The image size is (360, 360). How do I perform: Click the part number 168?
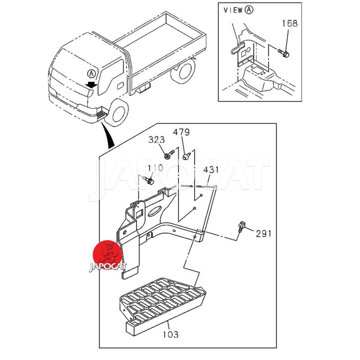click(289, 23)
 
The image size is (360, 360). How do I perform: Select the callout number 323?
click(157, 140)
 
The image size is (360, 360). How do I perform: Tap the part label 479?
click(182, 132)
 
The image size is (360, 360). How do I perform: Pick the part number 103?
click(171, 334)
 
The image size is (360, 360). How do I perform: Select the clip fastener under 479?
click(187, 156)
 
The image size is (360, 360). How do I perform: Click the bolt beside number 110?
click(148, 180)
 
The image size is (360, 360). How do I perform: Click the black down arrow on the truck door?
click(91, 84)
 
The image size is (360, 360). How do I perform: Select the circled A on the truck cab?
click(91, 73)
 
